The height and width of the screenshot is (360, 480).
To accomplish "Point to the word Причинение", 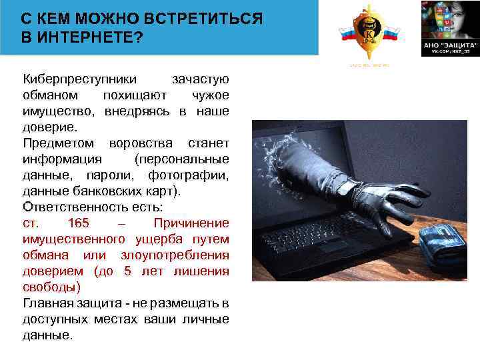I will click(191, 223).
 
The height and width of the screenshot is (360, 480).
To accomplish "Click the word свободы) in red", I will click(51, 287).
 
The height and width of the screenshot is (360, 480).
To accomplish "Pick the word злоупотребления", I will click(175, 255).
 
